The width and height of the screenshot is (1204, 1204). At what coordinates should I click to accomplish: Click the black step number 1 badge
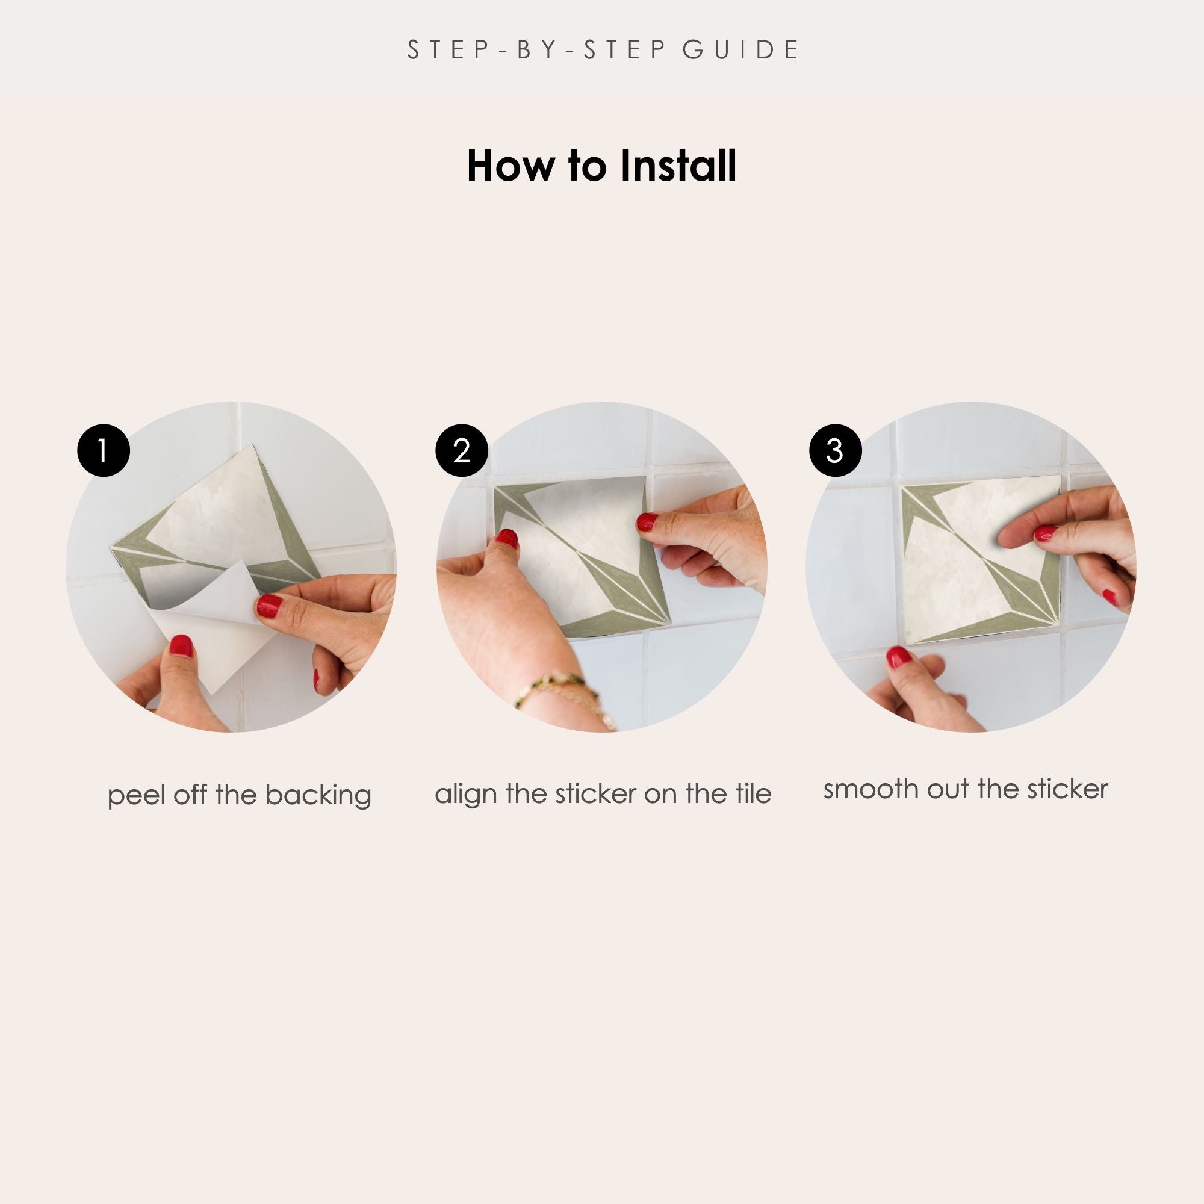104,450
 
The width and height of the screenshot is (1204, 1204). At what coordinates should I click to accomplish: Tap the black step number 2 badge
462,450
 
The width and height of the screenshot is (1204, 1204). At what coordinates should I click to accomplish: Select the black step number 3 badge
835,450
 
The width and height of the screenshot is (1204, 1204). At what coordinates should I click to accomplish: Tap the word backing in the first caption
318,796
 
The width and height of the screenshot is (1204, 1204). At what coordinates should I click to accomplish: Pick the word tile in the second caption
753,793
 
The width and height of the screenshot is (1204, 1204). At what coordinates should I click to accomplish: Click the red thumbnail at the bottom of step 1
181,645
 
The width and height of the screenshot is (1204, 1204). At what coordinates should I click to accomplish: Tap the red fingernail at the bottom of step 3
899,657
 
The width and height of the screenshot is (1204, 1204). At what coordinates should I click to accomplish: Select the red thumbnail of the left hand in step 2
507,538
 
